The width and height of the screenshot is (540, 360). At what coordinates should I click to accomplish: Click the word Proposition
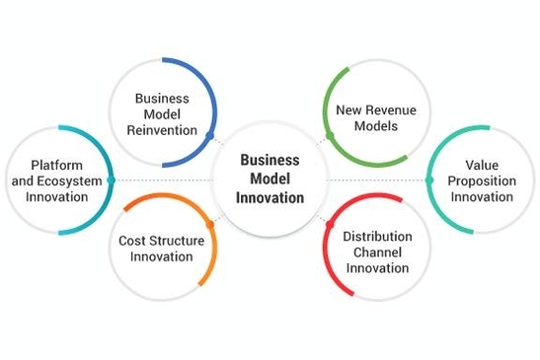483,180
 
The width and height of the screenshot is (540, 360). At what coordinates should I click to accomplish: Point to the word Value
483,165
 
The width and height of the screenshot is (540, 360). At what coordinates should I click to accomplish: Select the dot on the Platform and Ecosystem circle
113,180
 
